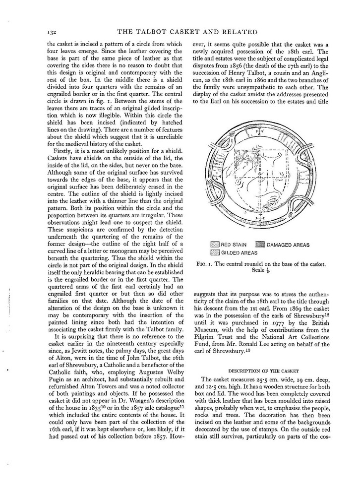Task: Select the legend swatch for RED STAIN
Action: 214,245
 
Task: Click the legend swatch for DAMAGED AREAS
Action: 260,245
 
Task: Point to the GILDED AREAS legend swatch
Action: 214,252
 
